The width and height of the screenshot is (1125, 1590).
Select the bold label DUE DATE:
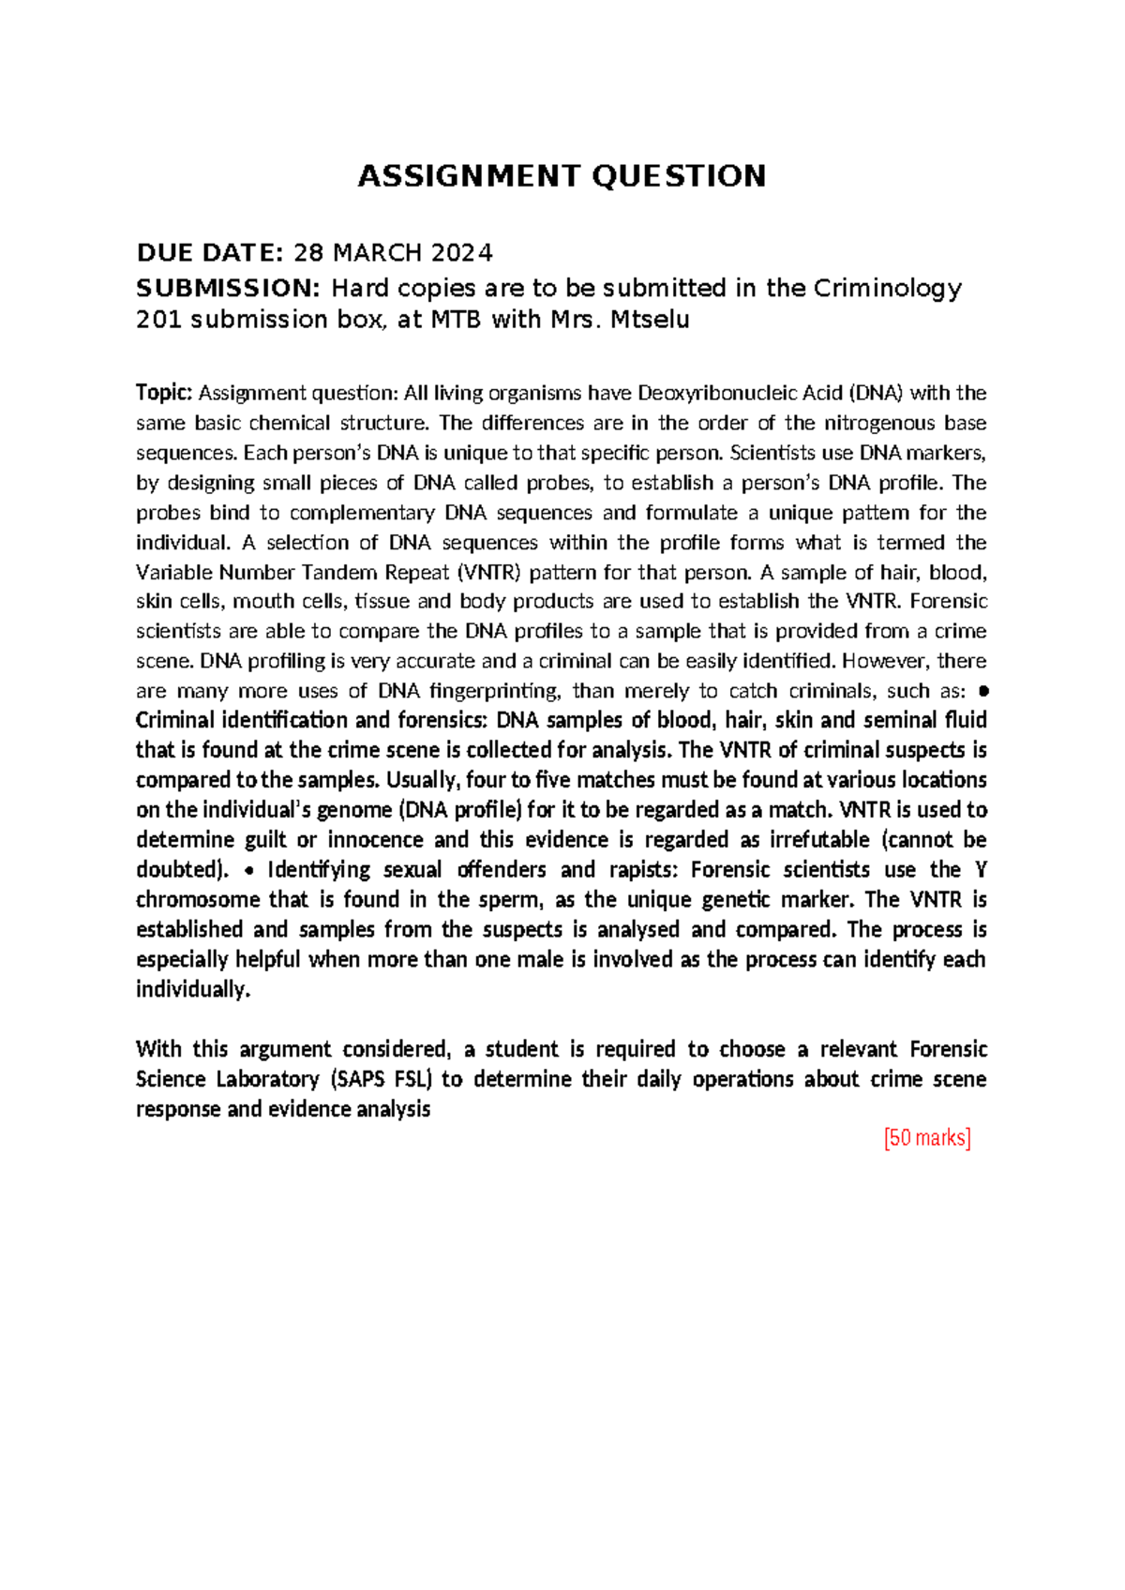pos(209,253)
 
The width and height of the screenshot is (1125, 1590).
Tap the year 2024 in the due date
pos(461,253)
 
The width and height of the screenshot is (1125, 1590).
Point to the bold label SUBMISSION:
pos(229,288)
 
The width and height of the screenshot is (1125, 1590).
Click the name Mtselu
pos(650,320)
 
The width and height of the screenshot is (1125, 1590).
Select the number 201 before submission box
pos(159,320)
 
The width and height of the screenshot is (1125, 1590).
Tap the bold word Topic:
pos(164,393)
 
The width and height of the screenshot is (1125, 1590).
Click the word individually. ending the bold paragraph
pos(193,989)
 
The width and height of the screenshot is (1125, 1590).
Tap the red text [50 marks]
pos(926,1138)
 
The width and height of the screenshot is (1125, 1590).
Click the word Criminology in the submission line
pos(886,288)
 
